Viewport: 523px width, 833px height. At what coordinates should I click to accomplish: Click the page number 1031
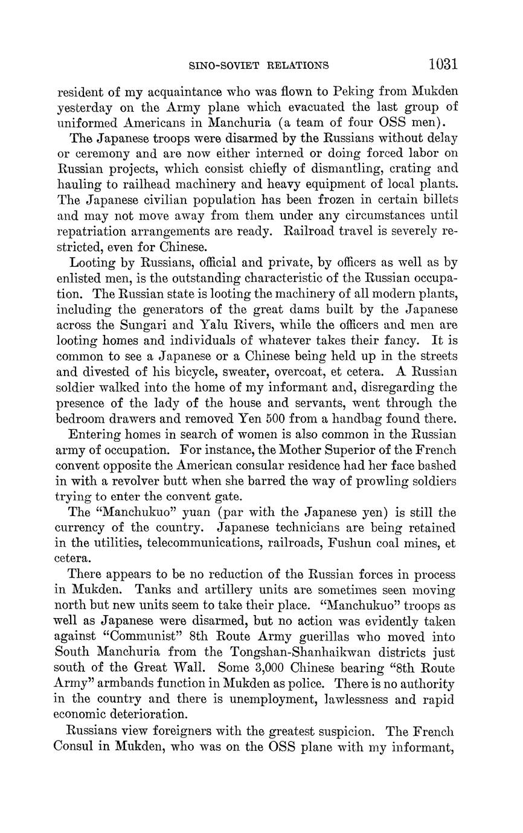click(x=443, y=64)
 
